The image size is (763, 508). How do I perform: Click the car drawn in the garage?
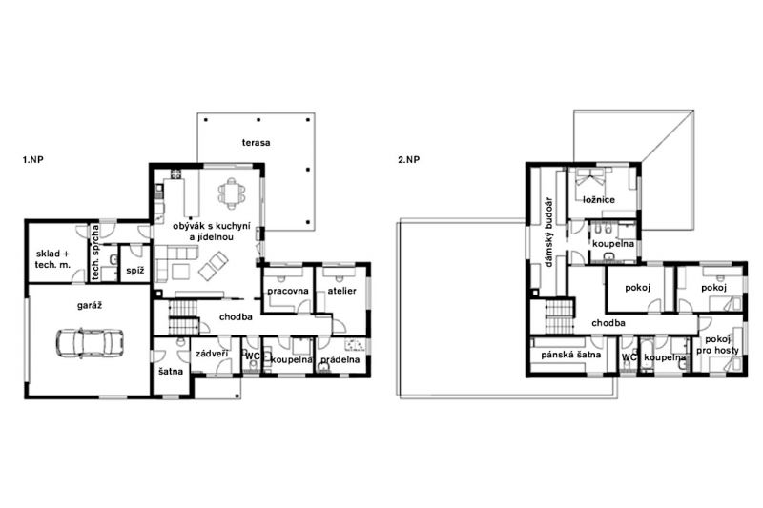click(x=90, y=343)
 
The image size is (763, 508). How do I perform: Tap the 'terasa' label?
click(x=256, y=142)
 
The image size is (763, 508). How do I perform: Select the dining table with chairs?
click(x=231, y=193)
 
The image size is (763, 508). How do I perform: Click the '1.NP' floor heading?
click(x=33, y=159)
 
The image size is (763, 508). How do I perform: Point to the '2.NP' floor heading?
click(x=408, y=159)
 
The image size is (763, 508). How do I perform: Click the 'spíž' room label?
click(x=134, y=271)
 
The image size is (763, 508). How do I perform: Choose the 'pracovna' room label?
click(x=288, y=291)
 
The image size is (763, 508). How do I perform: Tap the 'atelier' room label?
click(x=341, y=291)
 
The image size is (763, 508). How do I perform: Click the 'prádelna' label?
click(x=340, y=359)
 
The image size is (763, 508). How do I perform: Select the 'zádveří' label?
click(x=212, y=354)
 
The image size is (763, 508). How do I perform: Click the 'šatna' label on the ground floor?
click(x=171, y=372)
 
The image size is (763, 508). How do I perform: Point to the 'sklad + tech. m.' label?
click(x=52, y=259)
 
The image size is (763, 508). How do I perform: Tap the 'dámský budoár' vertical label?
click(x=550, y=233)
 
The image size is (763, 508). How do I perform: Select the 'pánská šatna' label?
click(x=570, y=355)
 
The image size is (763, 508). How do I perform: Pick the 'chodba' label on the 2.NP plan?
click(x=608, y=323)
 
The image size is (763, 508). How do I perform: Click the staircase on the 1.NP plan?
click(x=183, y=317)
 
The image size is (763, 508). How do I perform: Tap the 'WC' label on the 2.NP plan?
click(x=629, y=356)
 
